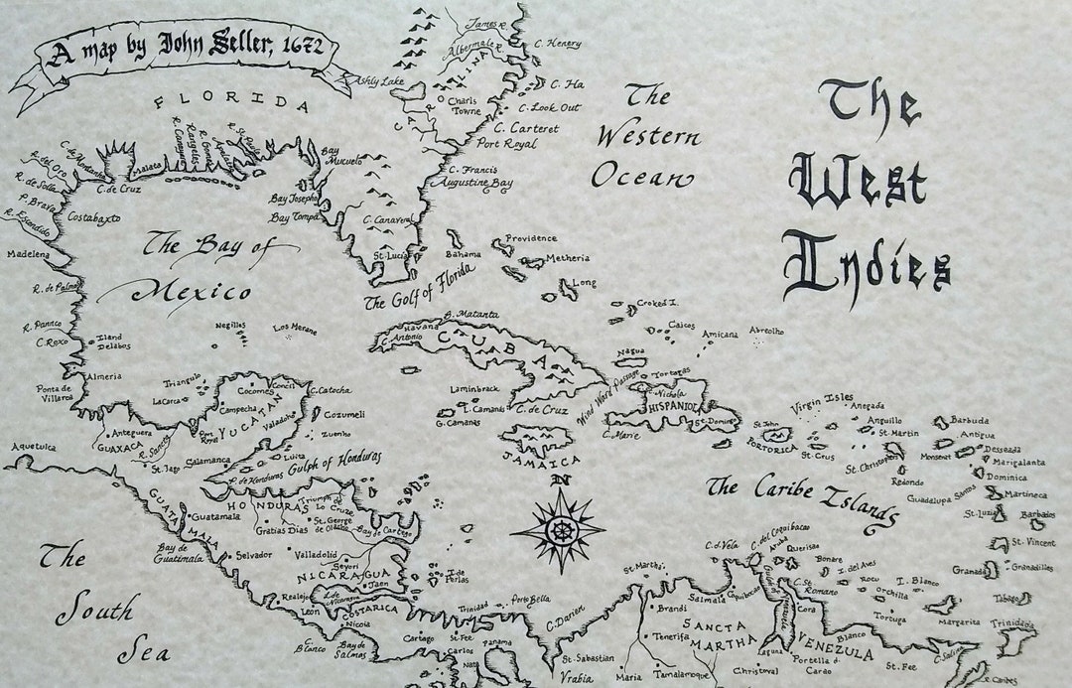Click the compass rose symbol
tap(558, 527)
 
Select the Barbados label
tap(1038, 514)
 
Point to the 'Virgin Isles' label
tap(821, 402)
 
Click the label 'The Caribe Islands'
tap(802, 497)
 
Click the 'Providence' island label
tap(531, 238)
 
